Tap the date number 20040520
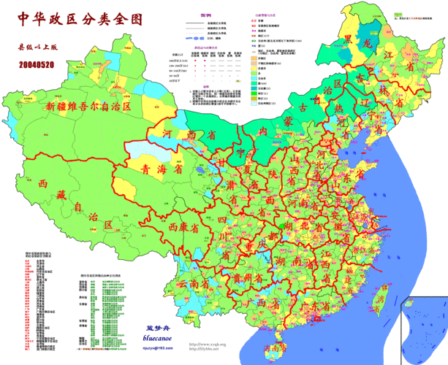point(36,65)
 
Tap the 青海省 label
point(162,169)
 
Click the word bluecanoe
point(157,340)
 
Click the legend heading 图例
point(208,15)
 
